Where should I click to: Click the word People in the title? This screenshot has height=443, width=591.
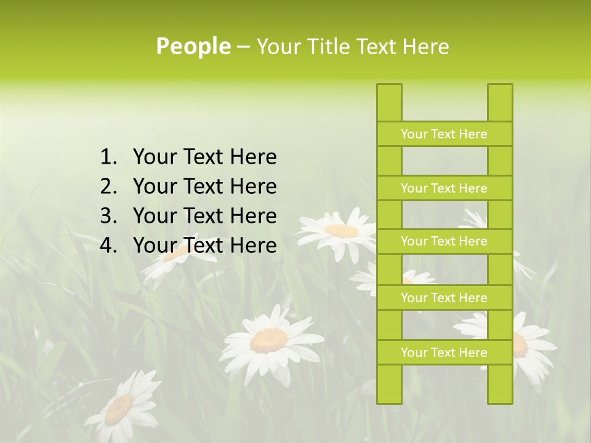[x=193, y=47]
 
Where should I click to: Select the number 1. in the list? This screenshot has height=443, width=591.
[x=108, y=158]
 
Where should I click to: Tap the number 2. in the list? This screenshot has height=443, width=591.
[x=108, y=186]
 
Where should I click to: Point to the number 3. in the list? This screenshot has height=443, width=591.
[x=108, y=216]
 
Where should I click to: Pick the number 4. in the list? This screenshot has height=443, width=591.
[x=108, y=245]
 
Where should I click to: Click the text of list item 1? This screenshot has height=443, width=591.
[x=204, y=158]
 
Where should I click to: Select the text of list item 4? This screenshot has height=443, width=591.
[x=204, y=245]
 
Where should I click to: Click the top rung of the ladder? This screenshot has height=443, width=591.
[x=444, y=134]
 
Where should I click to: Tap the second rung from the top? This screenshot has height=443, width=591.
[x=444, y=188]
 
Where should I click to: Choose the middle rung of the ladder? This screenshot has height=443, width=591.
[x=444, y=241]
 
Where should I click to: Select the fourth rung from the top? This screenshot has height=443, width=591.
[x=444, y=298]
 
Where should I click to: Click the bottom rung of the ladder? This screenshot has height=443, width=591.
[x=444, y=353]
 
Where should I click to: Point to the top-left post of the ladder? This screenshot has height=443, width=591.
[x=389, y=102]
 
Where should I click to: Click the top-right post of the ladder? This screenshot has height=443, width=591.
[x=500, y=102]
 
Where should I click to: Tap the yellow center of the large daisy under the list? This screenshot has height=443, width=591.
[x=270, y=340]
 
